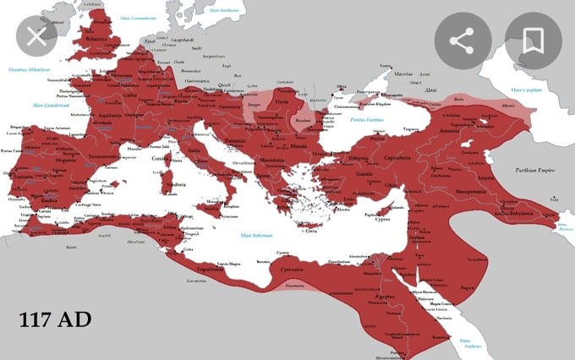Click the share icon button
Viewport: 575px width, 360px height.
[462, 41]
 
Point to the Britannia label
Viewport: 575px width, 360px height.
[95, 40]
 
